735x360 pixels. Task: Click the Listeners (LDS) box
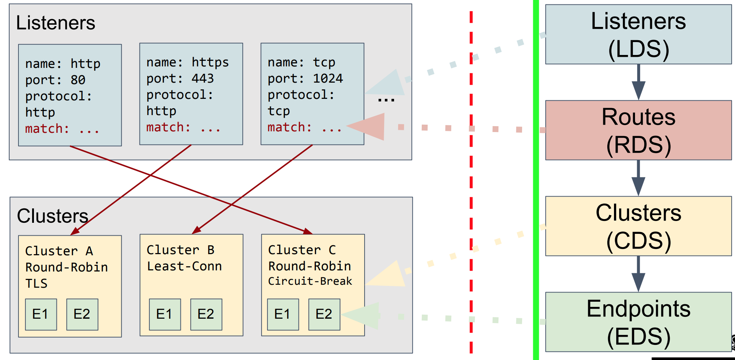click(638, 35)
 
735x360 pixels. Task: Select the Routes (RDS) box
click(638, 130)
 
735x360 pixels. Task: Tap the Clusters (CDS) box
click(638, 226)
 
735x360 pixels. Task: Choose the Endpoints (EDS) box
click(638, 322)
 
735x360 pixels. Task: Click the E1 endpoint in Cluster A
click(41, 314)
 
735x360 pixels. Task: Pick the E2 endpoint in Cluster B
click(206, 314)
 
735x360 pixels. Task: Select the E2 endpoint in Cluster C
click(324, 314)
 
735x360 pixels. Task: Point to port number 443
click(203, 79)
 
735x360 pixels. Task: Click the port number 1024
click(328, 79)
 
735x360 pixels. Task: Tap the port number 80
click(78, 80)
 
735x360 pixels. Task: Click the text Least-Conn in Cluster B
click(184, 266)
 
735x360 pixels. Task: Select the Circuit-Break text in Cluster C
click(310, 281)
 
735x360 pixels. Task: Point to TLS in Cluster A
click(36, 284)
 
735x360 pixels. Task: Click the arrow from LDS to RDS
click(638, 82)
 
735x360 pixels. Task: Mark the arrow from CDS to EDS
click(638, 274)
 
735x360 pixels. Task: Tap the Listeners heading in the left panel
click(56, 23)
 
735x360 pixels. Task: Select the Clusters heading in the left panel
click(53, 216)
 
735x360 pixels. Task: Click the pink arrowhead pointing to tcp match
click(369, 127)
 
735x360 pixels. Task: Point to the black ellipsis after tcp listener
click(386, 100)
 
